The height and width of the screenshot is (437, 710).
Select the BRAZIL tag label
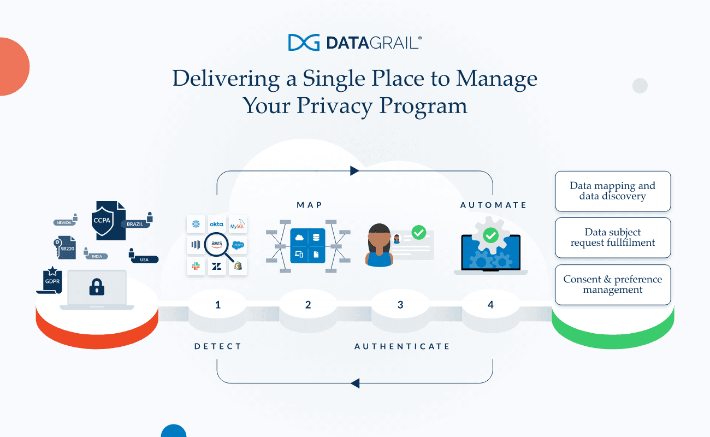click(x=135, y=224)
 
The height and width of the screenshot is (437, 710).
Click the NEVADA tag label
click(x=64, y=223)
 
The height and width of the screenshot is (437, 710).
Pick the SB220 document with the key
click(x=67, y=249)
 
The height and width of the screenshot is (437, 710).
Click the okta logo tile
click(x=217, y=224)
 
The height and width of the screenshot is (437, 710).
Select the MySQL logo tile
click(x=238, y=224)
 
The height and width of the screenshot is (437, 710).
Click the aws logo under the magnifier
click(x=216, y=245)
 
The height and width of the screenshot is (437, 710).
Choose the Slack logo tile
click(x=196, y=266)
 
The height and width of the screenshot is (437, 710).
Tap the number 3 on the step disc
click(x=400, y=305)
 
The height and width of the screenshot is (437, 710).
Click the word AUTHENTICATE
click(x=402, y=346)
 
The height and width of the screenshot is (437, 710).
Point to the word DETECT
click(x=218, y=346)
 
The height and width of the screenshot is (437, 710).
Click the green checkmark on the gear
click(x=490, y=235)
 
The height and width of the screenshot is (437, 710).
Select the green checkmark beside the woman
click(x=419, y=232)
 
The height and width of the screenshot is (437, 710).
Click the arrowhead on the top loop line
click(x=354, y=171)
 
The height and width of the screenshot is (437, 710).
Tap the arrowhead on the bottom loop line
click(x=355, y=383)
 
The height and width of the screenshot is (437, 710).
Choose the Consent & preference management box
click(x=613, y=285)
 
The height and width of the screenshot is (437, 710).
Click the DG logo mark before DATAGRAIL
click(x=304, y=43)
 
